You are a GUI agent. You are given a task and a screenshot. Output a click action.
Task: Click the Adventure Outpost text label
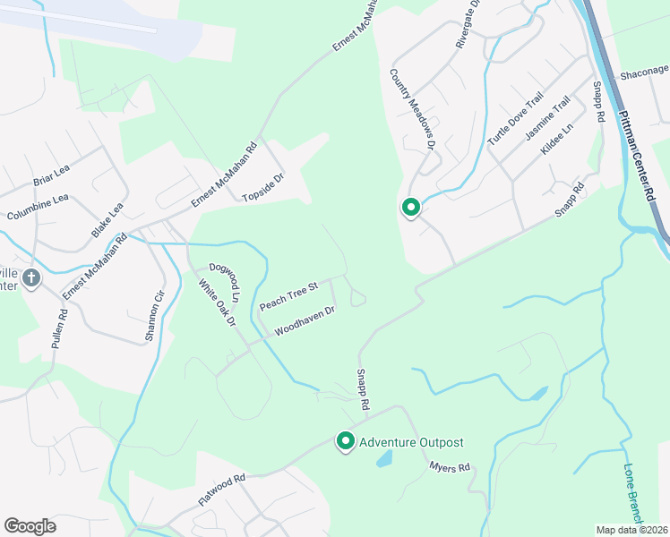411,442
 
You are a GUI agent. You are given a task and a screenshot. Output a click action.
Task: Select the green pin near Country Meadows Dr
410,209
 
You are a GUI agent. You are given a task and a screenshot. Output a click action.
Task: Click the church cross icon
31,278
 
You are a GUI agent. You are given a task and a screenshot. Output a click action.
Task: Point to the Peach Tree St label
288,297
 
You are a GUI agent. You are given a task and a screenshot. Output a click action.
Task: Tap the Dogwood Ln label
226,281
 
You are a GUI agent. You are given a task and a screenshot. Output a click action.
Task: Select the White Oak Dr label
217,303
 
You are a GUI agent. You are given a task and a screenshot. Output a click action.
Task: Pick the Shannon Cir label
155,316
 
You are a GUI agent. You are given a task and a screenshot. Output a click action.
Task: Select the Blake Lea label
107,220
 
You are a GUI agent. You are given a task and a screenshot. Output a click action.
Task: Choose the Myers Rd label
450,467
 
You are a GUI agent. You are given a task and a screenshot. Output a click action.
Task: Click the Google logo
30,526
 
